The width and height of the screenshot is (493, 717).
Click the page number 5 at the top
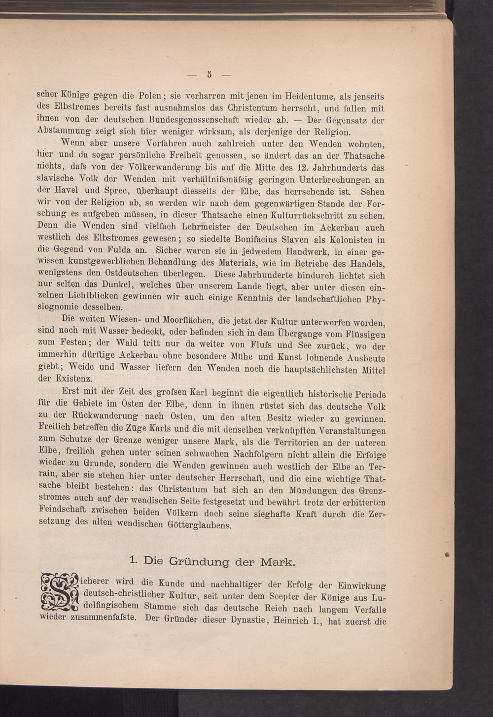tap(210, 75)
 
